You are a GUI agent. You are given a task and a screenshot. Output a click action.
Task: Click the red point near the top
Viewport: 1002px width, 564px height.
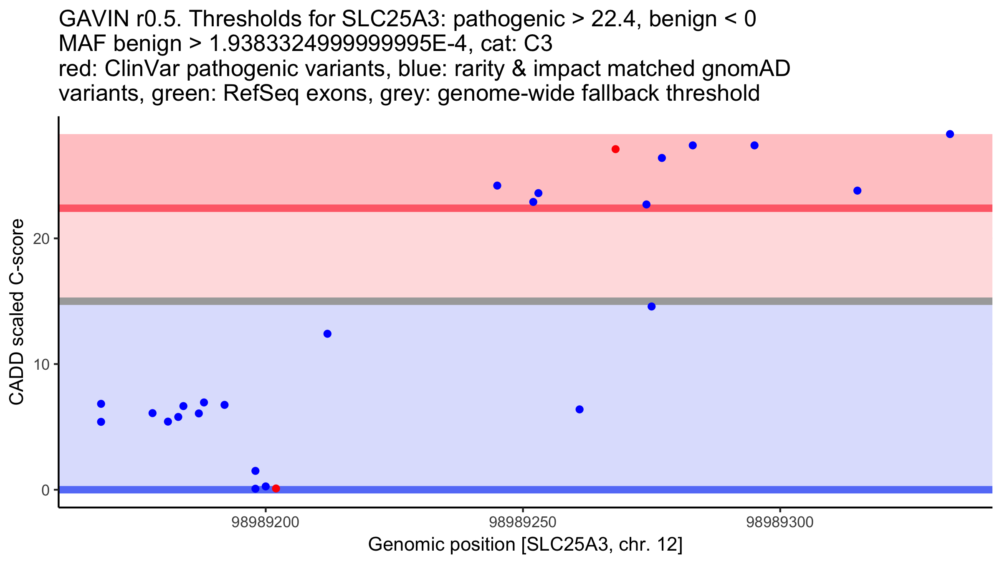pos(615,149)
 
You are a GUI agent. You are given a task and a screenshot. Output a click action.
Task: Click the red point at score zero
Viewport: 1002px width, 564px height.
pos(276,488)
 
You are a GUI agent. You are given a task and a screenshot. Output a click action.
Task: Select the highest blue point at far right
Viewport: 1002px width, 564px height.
pos(950,134)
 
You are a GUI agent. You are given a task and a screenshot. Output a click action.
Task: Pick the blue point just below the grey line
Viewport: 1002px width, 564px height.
pos(651,307)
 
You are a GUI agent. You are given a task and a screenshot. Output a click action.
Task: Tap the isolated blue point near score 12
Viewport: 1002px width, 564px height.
pos(327,334)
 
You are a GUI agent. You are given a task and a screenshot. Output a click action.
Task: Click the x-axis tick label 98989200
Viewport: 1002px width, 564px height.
pos(265,522)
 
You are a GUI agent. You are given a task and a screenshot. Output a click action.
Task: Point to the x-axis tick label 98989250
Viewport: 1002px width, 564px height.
pos(522,522)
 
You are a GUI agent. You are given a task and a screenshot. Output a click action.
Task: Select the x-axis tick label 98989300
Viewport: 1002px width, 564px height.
pos(779,522)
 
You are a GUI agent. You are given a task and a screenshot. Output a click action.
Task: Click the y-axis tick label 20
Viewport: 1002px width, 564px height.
pos(41,239)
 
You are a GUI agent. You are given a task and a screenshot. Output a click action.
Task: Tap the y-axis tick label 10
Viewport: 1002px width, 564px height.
pos(41,365)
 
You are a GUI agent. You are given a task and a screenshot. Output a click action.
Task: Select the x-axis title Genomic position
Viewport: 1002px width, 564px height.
pos(525,545)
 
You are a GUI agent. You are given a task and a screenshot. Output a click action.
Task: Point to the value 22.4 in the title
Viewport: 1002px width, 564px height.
pos(614,19)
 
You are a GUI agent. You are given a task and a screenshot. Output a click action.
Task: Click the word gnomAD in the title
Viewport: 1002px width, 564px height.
pos(746,69)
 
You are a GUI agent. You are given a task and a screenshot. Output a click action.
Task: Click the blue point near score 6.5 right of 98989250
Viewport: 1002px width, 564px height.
pos(579,409)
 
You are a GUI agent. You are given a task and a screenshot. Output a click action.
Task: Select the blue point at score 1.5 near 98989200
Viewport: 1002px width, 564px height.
pos(256,471)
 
